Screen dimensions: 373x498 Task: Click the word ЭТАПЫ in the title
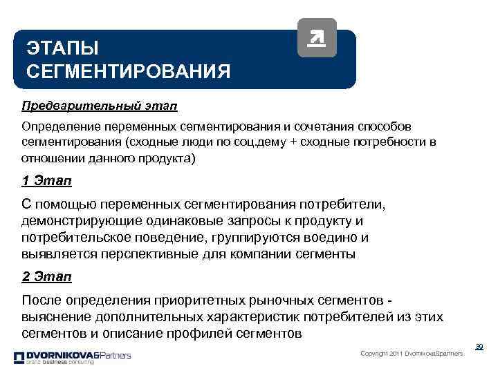[63, 48]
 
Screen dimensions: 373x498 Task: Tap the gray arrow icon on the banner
[316, 38]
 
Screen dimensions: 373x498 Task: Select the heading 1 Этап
[47, 182]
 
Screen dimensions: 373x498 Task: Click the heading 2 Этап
[47, 277]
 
